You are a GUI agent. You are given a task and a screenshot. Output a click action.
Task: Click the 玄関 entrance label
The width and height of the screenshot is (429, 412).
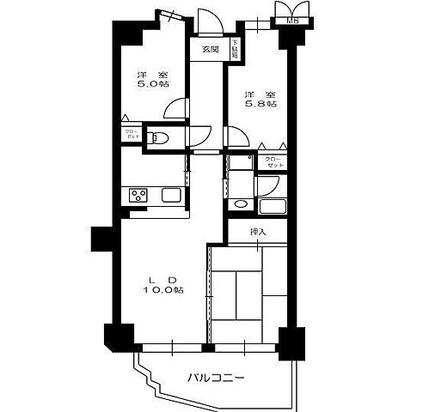point(210,50)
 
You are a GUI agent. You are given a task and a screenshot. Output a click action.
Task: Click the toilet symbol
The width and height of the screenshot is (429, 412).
point(157,136)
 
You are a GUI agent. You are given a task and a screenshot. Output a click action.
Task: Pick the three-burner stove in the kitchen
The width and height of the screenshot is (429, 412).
point(139,196)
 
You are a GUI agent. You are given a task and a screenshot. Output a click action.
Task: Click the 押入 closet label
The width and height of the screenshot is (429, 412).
point(259,232)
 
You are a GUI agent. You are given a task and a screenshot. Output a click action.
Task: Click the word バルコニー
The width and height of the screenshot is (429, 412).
point(216,377)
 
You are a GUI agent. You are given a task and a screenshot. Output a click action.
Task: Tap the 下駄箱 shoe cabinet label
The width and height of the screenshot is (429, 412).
point(234,48)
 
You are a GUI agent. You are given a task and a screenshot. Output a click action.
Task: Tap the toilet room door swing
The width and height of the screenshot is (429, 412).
point(199,136)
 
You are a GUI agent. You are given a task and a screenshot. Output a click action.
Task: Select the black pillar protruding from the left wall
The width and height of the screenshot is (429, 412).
point(101,241)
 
